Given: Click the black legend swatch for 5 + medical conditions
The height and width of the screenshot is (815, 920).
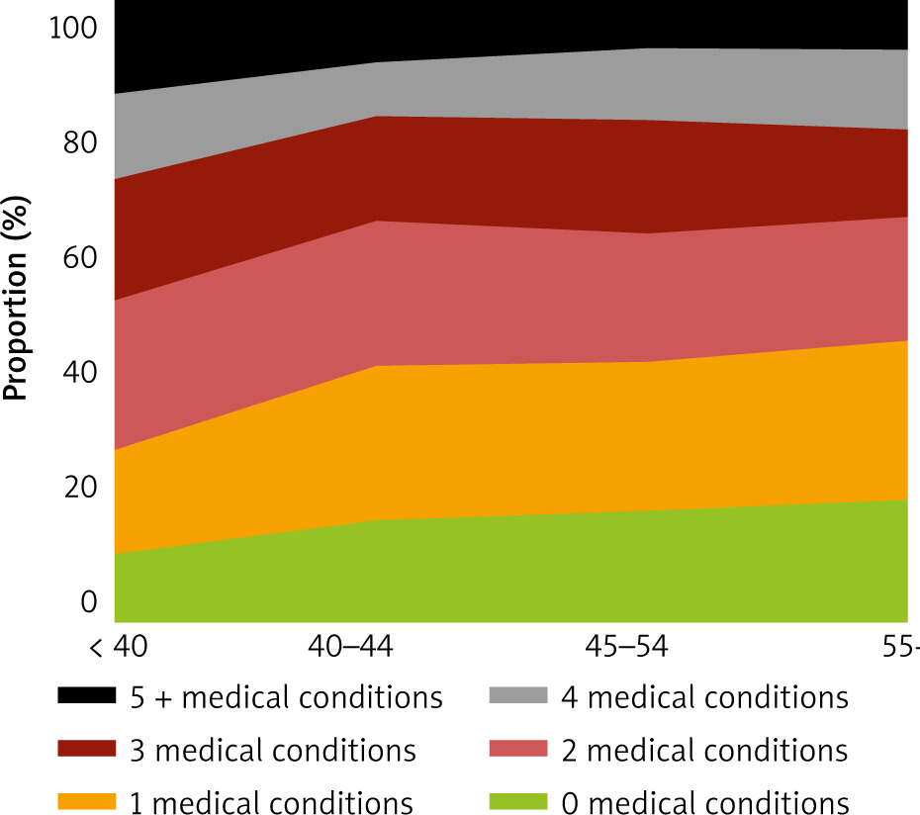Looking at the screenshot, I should pyautogui.click(x=88, y=696).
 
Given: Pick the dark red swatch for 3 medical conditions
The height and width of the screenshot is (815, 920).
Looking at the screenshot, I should pyautogui.click(x=88, y=749).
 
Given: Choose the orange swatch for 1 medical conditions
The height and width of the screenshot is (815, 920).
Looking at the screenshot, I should pyautogui.click(x=88, y=800).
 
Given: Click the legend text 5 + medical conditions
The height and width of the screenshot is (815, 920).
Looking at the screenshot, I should pyautogui.click(x=285, y=697).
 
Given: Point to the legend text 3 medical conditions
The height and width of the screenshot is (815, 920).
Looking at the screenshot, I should pyautogui.click(x=272, y=750).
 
